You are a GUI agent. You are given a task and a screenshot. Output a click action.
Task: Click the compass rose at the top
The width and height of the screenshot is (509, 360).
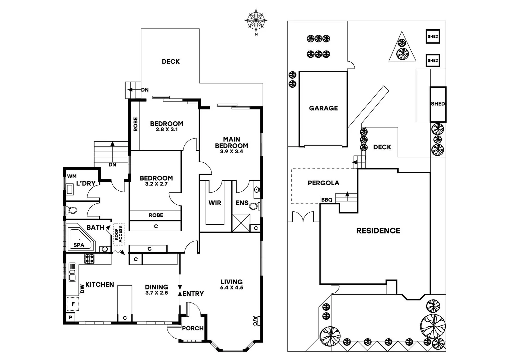point(256,20)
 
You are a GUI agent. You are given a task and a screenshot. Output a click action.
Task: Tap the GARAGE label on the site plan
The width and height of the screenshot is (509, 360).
point(323,108)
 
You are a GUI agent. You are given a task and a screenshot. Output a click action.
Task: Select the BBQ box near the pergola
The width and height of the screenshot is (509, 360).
point(327,200)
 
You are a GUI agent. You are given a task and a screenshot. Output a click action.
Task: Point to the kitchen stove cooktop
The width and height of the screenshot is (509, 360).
point(89,259)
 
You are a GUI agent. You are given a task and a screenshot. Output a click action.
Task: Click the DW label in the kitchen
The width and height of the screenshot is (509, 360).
point(81,289)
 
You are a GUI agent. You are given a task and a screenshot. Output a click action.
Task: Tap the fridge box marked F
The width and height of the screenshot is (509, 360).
point(73,304)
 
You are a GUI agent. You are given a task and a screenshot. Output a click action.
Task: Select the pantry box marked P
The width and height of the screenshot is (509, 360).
point(70,317)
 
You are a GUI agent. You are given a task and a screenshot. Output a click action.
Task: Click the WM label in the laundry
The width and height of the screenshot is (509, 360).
point(72,176)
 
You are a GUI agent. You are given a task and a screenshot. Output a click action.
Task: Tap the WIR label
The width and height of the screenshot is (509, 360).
point(215,203)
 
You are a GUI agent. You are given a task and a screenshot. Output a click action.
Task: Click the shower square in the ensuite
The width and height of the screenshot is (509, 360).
point(241,223)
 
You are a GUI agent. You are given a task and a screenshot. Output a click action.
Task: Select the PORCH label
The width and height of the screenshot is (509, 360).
point(193,328)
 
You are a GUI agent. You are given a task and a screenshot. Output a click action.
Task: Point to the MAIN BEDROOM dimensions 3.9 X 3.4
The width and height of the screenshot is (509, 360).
point(231,151)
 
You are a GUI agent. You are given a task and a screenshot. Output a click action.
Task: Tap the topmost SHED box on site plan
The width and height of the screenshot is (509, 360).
point(433,37)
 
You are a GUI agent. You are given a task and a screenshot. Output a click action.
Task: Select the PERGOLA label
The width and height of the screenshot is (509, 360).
point(323,183)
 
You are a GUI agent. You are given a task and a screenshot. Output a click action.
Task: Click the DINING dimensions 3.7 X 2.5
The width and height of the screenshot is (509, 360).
point(156,293)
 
